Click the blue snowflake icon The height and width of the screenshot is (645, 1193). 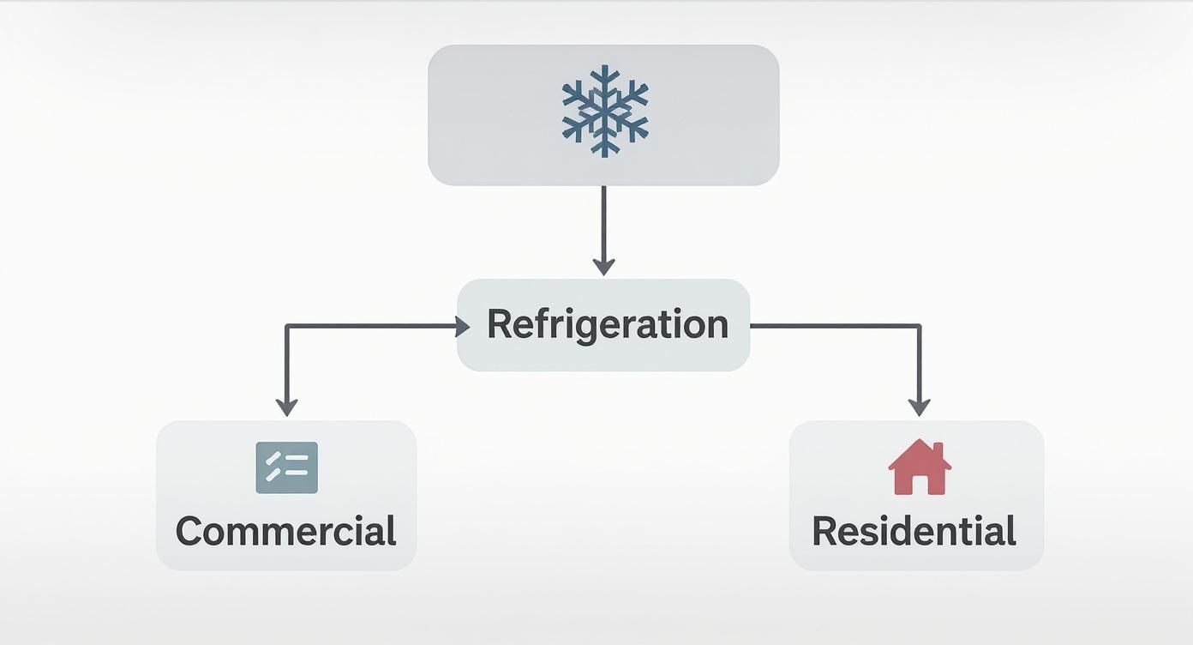[x=604, y=111]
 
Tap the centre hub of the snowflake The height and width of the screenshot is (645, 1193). [x=604, y=111]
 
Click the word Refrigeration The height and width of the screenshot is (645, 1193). [x=607, y=324]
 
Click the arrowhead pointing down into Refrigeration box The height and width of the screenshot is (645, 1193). [x=603, y=266]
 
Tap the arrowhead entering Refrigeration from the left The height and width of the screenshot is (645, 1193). [x=462, y=326]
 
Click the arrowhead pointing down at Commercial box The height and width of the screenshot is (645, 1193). [x=286, y=407]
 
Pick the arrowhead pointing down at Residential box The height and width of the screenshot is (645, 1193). [x=919, y=407]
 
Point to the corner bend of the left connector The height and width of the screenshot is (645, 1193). [x=286, y=326]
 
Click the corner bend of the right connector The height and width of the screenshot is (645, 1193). [x=919, y=326]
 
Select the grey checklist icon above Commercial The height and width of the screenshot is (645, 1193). [x=286, y=467]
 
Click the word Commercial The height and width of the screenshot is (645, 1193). [x=286, y=531]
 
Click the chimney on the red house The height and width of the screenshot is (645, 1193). [x=938, y=449]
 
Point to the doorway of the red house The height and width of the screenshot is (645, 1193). [x=920, y=485]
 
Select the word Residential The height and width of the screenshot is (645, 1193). [x=914, y=531]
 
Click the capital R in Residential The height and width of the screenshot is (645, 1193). [x=824, y=531]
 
